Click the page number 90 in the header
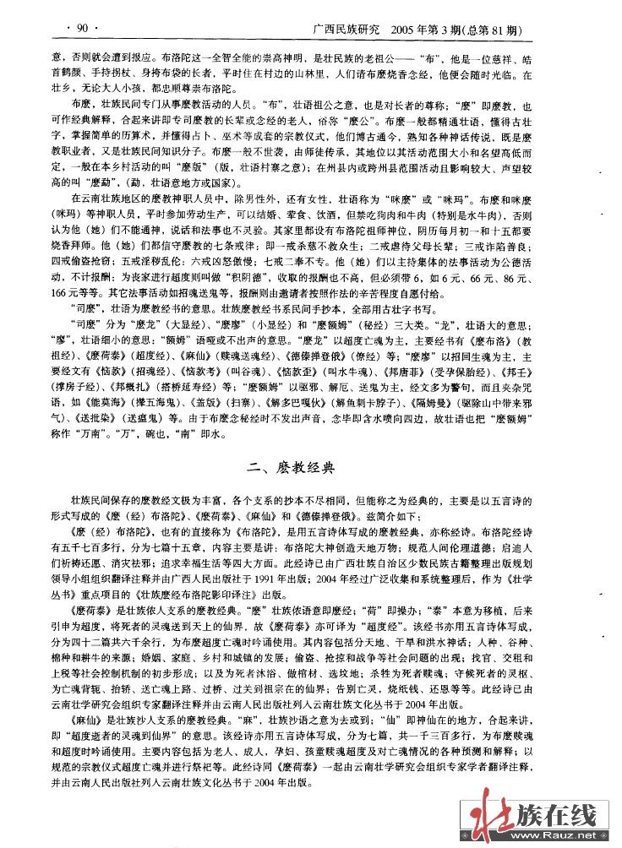(83, 28)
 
